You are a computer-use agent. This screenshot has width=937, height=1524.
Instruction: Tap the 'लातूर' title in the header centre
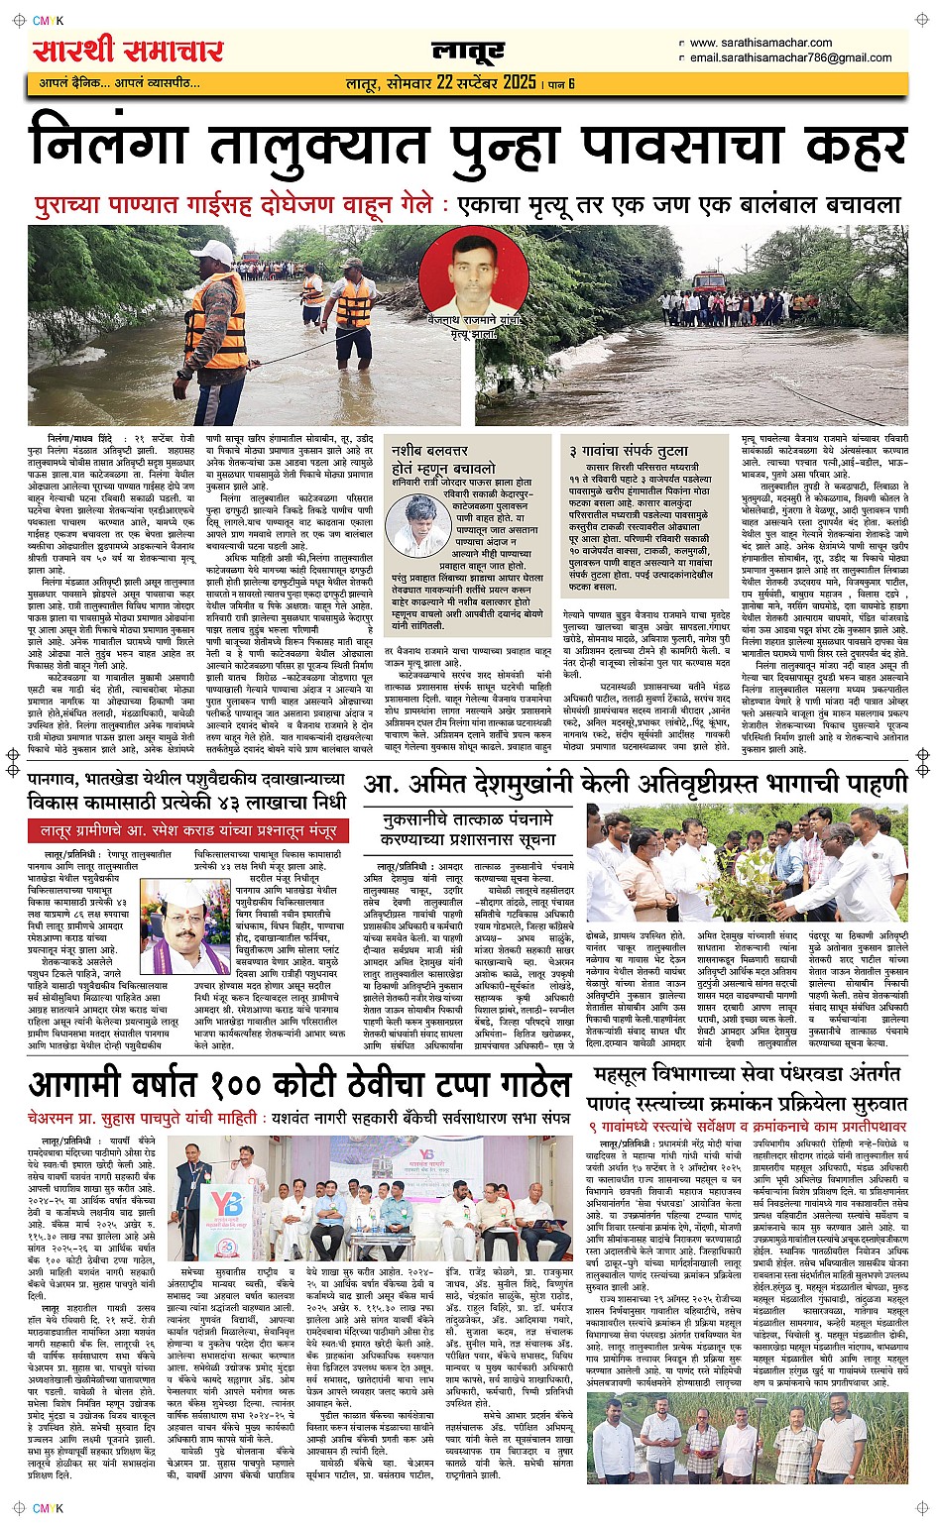point(468,51)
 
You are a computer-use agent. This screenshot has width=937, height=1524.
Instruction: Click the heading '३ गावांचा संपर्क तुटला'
point(626,451)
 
